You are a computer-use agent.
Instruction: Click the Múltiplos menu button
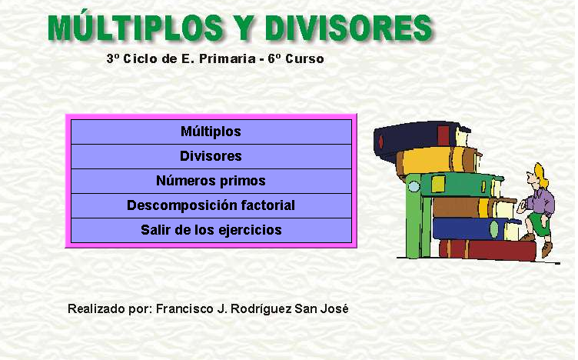(x=211, y=132)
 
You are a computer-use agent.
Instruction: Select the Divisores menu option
(x=211, y=156)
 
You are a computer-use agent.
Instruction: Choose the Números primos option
(x=211, y=181)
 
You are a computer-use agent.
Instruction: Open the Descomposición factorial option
(x=211, y=206)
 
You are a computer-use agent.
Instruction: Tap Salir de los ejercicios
(x=211, y=231)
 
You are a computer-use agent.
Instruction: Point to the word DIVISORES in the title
(x=349, y=28)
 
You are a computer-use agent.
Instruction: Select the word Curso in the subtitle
(x=305, y=58)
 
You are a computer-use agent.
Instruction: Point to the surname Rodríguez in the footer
(x=261, y=309)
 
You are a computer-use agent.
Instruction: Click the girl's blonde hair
(x=542, y=176)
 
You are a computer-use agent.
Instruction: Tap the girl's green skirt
(x=540, y=224)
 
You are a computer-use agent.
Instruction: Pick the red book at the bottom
(x=487, y=250)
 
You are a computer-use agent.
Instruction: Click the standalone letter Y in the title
(x=244, y=28)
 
